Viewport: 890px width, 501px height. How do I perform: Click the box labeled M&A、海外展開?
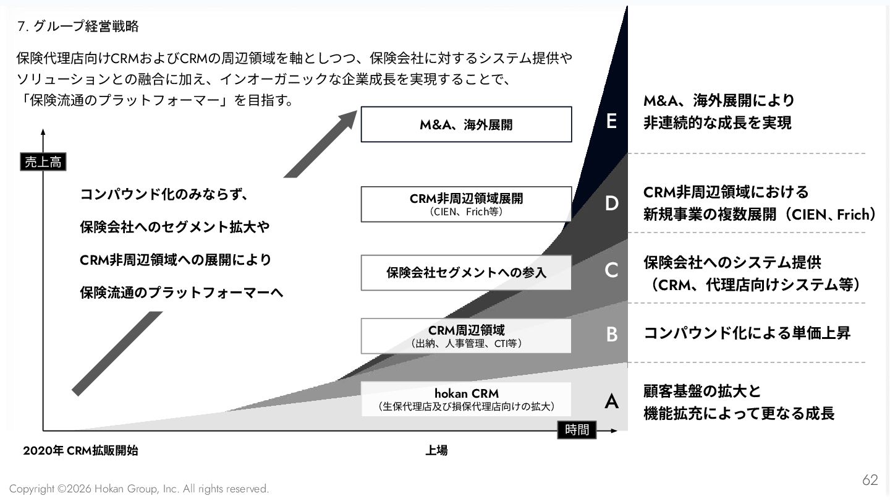(466, 124)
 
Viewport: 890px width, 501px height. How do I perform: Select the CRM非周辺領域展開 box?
(466, 204)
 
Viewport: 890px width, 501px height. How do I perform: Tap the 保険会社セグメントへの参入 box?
(466, 272)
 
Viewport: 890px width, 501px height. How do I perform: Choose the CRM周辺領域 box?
(466, 336)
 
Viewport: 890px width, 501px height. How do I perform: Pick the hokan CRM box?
(466, 399)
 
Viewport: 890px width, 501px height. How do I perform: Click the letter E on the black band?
(611, 121)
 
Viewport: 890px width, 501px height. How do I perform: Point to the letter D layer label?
(611, 203)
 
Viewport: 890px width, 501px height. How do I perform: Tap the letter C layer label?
(611, 270)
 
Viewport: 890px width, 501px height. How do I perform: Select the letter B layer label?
(611, 334)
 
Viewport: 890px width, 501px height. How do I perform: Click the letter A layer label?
(611, 402)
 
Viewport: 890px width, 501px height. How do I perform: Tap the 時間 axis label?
(577, 430)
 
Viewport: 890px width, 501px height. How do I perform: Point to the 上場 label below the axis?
(436, 451)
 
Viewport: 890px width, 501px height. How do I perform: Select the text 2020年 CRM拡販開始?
(80, 451)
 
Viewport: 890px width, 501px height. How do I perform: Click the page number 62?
(870, 480)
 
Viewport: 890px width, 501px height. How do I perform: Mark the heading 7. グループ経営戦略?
(78, 26)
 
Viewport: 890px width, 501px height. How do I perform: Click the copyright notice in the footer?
(139, 489)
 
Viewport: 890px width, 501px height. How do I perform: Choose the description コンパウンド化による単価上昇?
(747, 333)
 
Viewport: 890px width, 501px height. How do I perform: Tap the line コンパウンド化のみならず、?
(164, 195)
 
